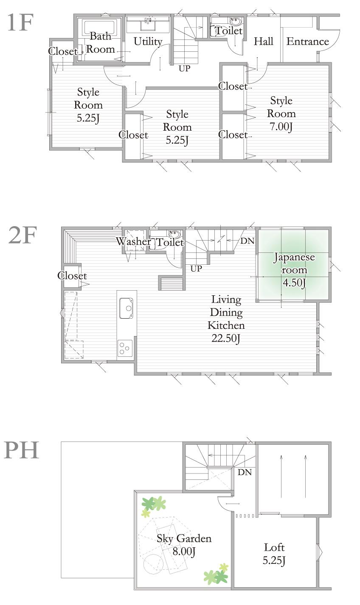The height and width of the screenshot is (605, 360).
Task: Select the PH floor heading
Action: (21, 450)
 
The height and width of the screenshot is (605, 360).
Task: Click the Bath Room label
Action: (101, 43)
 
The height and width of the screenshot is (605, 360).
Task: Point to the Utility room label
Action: (148, 42)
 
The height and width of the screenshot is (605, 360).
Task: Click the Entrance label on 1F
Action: (308, 42)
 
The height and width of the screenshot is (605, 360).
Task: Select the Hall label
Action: (263, 42)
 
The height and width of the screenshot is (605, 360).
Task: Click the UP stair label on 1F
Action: (184, 68)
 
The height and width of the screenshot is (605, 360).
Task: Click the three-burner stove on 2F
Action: (125, 348)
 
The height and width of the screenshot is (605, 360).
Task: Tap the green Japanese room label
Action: (294, 263)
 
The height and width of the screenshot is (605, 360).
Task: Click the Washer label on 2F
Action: (134, 242)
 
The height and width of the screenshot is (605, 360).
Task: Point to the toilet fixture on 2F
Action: (174, 234)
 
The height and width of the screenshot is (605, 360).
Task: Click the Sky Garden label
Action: (184, 539)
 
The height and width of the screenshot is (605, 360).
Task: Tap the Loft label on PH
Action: (274, 547)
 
